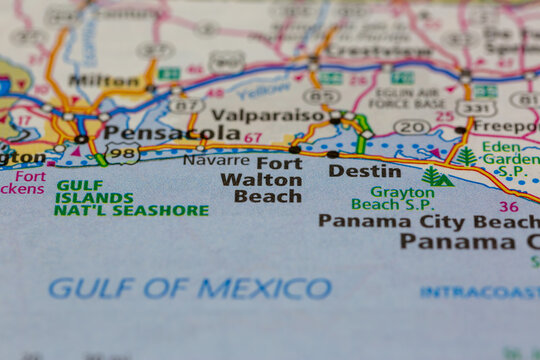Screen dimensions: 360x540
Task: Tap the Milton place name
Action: (104, 80)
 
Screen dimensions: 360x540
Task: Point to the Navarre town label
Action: (216, 159)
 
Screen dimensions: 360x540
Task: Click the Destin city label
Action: (351, 170)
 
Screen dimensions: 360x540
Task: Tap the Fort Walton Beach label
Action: (263, 179)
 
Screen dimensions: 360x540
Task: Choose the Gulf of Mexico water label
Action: (190, 289)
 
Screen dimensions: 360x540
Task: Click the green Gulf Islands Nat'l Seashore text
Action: (131, 198)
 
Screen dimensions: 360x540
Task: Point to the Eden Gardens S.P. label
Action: (510, 159)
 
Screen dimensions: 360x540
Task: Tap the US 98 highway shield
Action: (122, 154)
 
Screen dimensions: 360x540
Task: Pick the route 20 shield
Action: (411, 127)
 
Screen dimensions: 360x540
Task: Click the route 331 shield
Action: (474, 107)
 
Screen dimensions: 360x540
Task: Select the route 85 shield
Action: (320, 97)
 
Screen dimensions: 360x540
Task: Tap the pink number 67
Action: (253, 138)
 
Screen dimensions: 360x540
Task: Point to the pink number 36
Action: (509, 207)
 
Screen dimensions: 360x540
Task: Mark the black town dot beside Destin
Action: (332, 154)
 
